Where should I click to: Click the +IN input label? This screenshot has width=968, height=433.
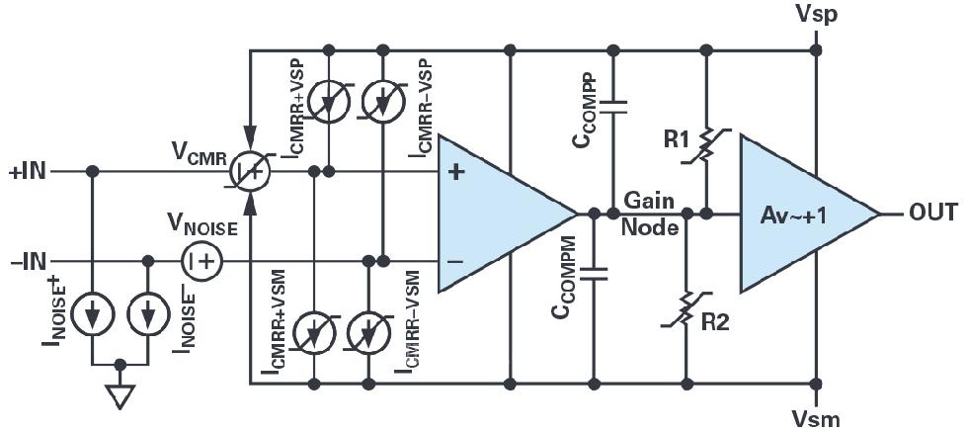click(28, 171)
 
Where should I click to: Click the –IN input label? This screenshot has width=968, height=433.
click(28, 261)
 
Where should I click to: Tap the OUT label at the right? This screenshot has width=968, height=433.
click(932, 213)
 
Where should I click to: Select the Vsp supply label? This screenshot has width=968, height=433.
click(817, 15)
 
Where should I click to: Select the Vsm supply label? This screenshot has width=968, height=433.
click(817, 419)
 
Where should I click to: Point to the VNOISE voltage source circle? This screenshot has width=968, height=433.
click(202, 261)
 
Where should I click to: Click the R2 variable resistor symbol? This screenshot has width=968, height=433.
click(686, 308)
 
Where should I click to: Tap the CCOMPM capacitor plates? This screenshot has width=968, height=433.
click(594, 274)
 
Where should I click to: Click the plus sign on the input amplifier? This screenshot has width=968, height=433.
click(455, 172)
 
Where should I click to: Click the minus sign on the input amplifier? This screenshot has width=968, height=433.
click(455, 261)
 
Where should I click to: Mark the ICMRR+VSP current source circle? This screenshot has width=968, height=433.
click(328, 101)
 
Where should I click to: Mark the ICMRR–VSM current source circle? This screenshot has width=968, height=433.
click(369, 334)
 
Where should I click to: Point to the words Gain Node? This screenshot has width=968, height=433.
click(650, 214)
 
